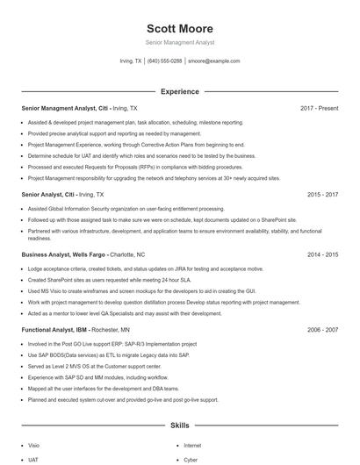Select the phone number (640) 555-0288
click(165, 61)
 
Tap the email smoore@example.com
click(213, 61)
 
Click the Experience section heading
click(179, 91)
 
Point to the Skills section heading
click(179, 425)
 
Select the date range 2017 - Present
click(319, 108)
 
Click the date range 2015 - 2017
click(322, 194)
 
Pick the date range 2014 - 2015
click(322, 254)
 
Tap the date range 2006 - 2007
click(322, 329)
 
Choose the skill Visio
click(33, 445)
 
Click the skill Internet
click(192, 445)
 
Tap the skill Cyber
click(191, 459)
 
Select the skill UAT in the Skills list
click(32, 459)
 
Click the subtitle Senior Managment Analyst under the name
click(179, 42)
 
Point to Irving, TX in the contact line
click(131, 61)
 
